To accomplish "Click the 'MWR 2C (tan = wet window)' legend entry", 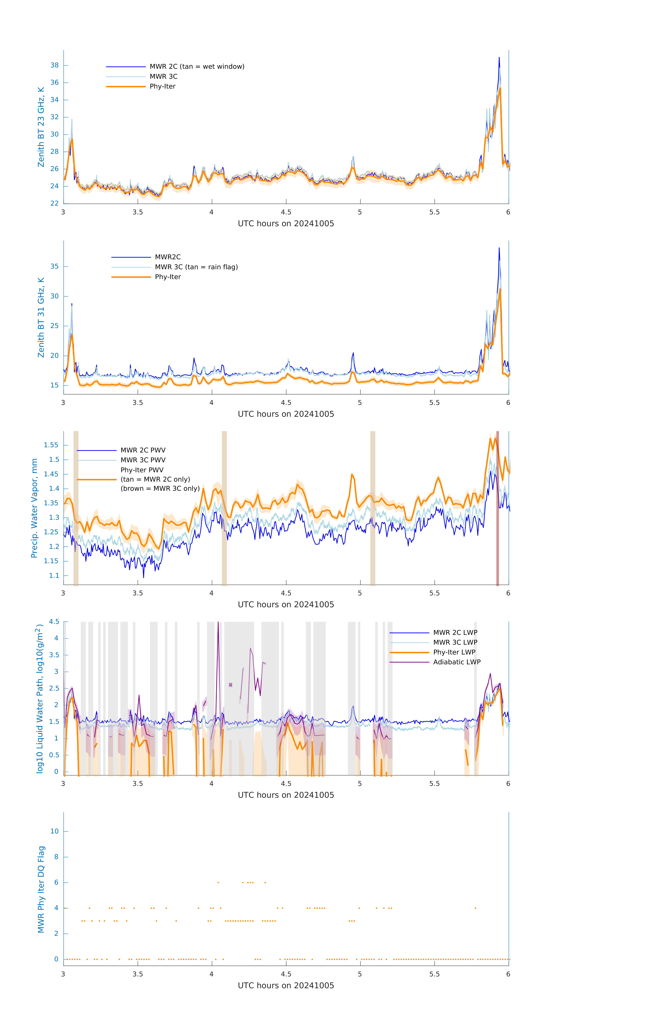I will [197, 67].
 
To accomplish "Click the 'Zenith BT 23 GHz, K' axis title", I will [41, 127].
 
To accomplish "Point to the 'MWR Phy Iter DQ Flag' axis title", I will [41, 889].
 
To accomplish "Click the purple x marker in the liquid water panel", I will [231, 685].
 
